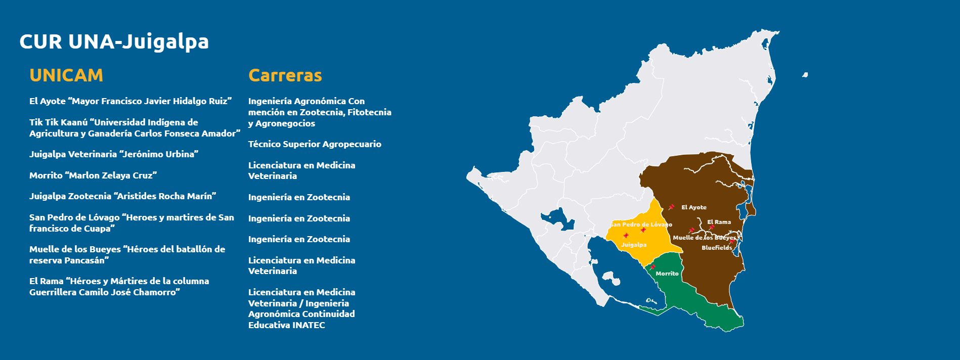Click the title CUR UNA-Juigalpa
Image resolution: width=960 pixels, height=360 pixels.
pyautogui.click(x=114, y=42)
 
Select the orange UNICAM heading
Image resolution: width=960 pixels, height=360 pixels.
pyautogui.click(x=66, y=75)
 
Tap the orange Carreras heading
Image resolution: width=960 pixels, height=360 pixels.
pyautogui.click(x=285, y=75)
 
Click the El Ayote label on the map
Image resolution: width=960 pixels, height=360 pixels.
pyautogui.click(x=694, y=207)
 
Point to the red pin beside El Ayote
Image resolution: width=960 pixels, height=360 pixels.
pyautogui.click(x=671, y=207)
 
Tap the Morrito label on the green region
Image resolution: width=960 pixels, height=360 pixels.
pyautogui.click(x=667, y=274)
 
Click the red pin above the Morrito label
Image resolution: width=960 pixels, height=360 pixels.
pyautogui.click(x=652, y=267)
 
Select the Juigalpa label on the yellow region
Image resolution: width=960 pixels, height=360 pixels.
pyautogui.click(x=634, y=245)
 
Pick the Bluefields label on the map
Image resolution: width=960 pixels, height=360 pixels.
pyautogui.click(x=717, y=248)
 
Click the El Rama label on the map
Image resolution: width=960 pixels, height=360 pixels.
pyautogui.click(x=719, y=222)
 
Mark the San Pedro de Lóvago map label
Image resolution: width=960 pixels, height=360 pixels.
pyautogui.click(x=641, y=224)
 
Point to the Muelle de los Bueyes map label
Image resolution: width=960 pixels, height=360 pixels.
pyautogui.click(x=705, y=238)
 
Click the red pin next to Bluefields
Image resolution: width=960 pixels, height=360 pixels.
pyautogui.click(x=731, y=242)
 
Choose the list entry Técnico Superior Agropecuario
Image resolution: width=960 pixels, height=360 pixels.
pyautogui.click(x=315, y=144)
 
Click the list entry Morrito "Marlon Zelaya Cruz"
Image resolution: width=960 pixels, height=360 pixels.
pyautogui.click(x=93, y=175)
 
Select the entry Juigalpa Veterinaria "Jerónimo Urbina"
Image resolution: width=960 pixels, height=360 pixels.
pyautogui.click(x=114, y=154)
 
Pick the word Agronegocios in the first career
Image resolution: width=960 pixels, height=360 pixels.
pyautogui.click(x=285, y=123)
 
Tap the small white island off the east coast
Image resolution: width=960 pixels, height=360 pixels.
pyautogui.click(x=805, y=75)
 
